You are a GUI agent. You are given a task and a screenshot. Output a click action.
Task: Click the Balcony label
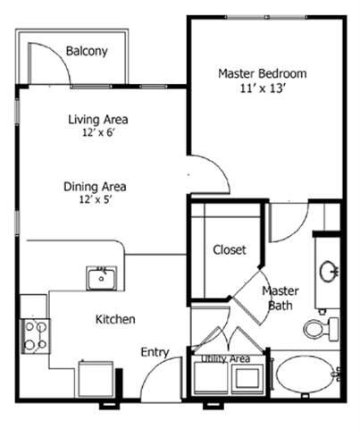(x=87, y=51)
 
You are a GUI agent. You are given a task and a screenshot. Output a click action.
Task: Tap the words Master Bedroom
(x=263, y=73)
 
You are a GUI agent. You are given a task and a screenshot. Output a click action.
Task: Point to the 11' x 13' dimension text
(x=263, y=88)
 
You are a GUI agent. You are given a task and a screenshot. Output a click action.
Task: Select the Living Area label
(x=98, y=120)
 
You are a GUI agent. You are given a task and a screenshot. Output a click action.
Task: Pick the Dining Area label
(x=95, y=187)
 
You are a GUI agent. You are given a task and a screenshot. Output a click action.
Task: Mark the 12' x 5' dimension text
(x=95, y=200)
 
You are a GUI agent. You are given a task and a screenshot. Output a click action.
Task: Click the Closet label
(x=229, y=250)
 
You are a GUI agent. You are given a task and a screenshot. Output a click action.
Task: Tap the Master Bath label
(x=280, y=299)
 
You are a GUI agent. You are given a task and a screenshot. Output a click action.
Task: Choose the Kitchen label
(x=115, y=319)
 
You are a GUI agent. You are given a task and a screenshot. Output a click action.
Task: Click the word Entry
(x=155, y=352)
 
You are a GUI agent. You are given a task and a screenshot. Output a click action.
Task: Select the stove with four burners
(x=36, y=336)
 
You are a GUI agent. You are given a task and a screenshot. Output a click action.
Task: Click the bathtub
(x=303, y=376)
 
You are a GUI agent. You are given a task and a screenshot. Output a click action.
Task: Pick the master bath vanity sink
(x=328, y=269)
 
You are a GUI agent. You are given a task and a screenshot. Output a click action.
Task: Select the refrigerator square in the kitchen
(x=95, y=378)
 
